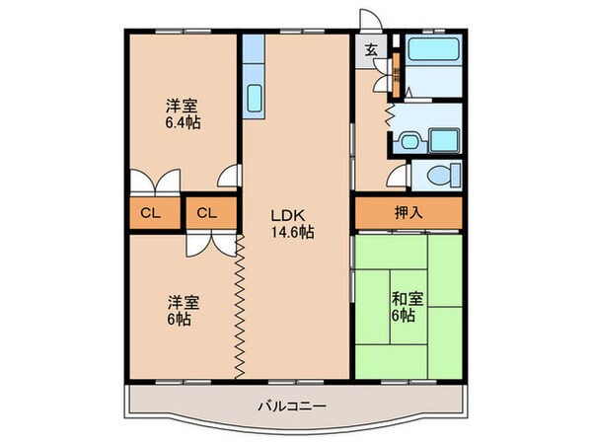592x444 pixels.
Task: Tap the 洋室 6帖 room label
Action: (179, 312)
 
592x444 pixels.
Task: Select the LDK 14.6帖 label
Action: (294, 224)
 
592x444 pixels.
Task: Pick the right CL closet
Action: (207, 213)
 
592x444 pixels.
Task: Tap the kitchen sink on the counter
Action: (254, 100)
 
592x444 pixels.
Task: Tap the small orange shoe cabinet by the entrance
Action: (395, 72)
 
